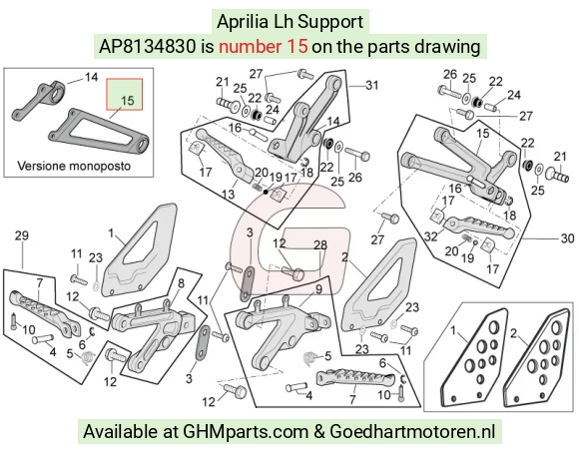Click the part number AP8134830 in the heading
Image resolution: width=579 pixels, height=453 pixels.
click(148, 47)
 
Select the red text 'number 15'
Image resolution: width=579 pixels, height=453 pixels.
click(263, 47)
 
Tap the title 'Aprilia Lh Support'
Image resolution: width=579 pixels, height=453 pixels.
click(290, 22)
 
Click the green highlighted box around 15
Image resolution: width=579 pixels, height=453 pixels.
click(125, 94)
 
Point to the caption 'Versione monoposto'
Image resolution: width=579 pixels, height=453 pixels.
click(74, 166)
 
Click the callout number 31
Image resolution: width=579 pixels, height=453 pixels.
click(371, 86)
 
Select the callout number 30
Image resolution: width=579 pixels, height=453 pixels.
click(567, 238)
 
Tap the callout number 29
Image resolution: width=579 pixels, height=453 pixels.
click(21, 235)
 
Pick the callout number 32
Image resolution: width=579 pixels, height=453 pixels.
click(431, 236)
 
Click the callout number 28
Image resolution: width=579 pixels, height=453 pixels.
click(320, 245)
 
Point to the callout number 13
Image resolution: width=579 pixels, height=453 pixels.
click(229, 194)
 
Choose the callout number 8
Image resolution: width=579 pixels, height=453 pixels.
click(181, 283)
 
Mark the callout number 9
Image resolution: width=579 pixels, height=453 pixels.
click(318, 289)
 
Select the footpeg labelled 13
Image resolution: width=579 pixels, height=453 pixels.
click(225, 154)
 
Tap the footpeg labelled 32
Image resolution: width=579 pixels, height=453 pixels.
click(479, 226)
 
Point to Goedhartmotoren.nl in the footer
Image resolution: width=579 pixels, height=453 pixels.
click(411, 432)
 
